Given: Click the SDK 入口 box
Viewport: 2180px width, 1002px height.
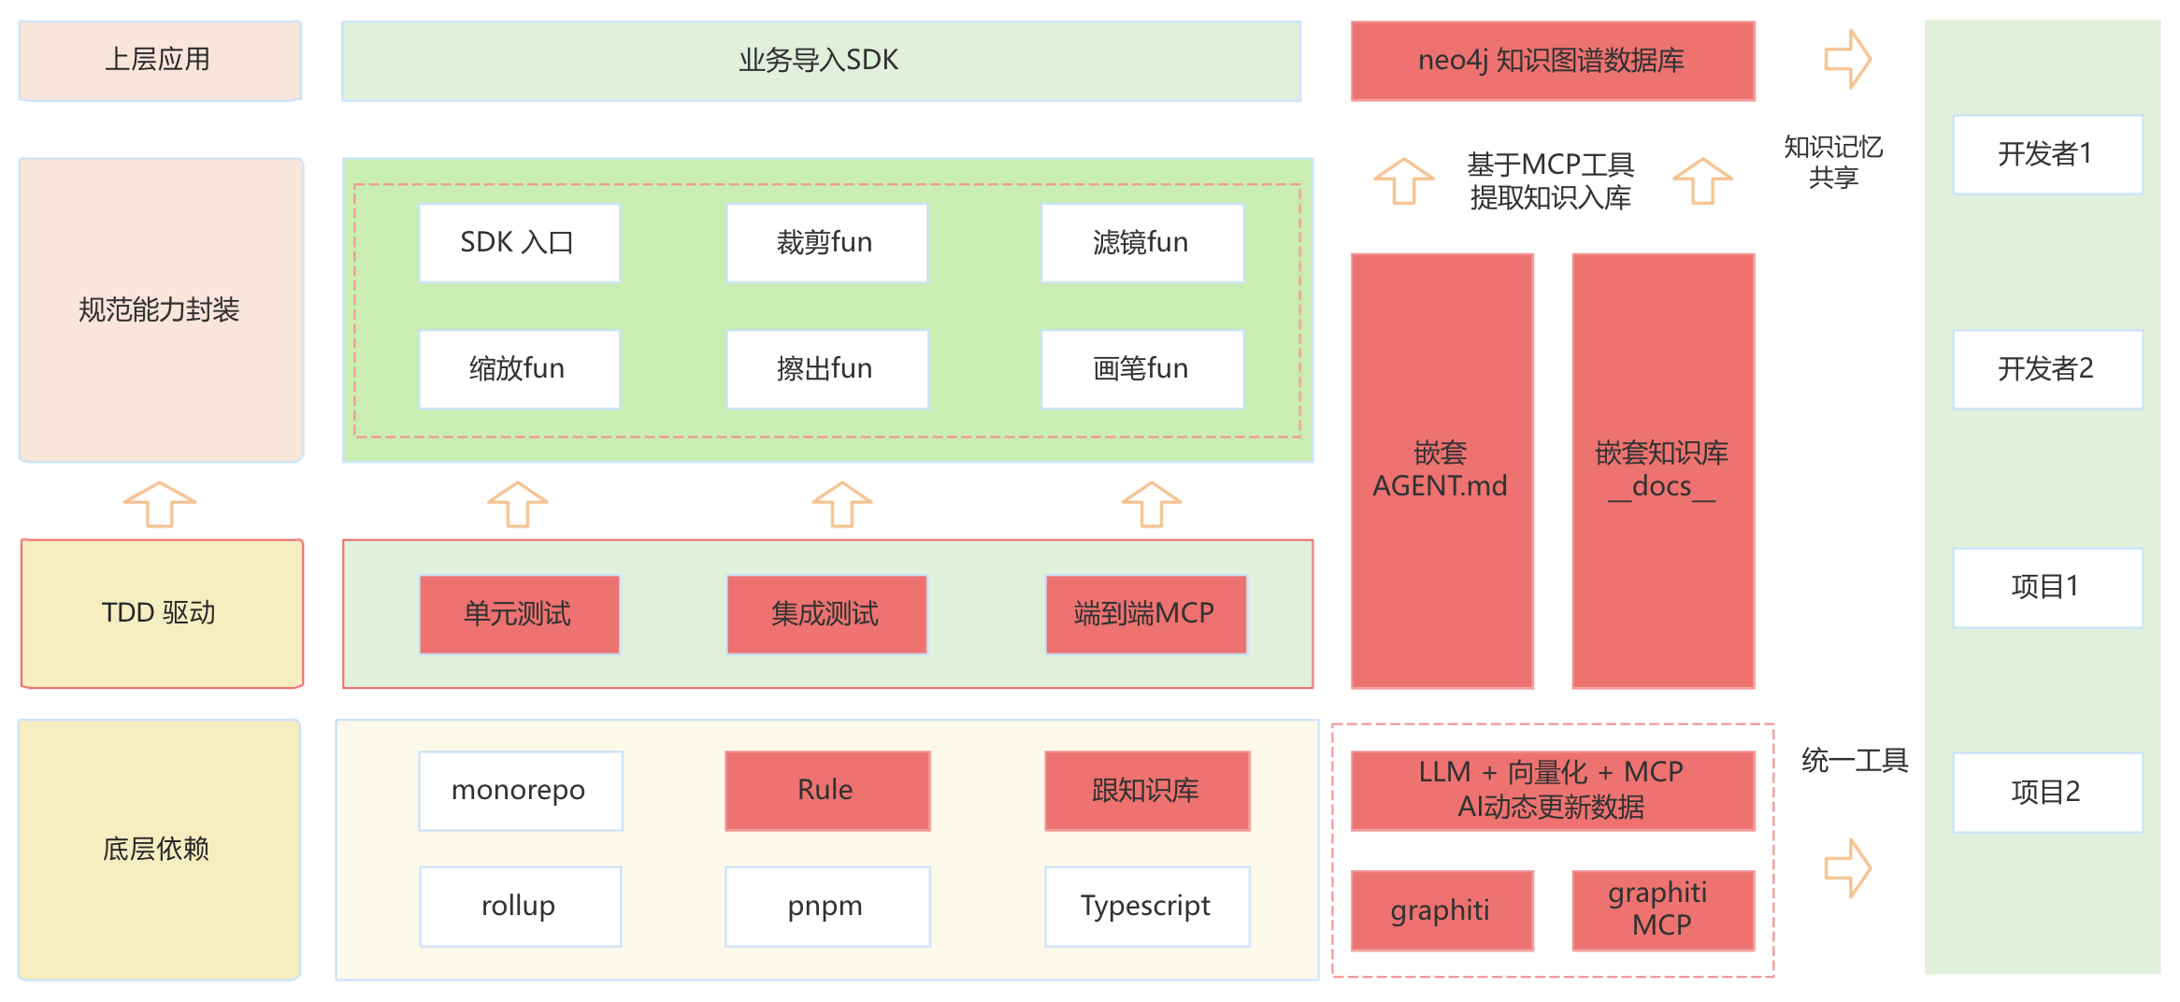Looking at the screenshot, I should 519,243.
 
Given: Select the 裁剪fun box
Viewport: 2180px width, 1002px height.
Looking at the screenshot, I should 826,243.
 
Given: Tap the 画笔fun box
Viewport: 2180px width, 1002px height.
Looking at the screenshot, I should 1141,369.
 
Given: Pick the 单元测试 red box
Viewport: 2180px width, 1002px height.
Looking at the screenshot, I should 519,614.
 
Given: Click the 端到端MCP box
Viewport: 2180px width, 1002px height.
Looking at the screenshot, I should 1145,614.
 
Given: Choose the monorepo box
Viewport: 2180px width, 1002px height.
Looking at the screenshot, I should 520,791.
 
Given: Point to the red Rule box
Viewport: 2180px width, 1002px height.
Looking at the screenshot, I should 826,791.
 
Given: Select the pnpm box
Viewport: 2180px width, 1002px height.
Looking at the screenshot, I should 826,907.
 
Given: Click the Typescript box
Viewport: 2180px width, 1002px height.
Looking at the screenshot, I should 1146,907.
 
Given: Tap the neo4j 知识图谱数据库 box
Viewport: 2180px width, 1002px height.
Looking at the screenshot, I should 1552,61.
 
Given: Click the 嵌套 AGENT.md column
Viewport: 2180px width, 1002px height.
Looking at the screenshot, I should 1441,470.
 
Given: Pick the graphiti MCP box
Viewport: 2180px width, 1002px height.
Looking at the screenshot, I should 1662,909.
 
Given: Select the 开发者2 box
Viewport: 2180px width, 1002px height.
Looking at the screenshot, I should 2046,369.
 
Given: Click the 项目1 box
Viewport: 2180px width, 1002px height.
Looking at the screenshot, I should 2046,587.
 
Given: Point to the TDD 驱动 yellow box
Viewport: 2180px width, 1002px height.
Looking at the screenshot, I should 161,613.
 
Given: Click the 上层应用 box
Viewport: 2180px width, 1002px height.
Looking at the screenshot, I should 159,60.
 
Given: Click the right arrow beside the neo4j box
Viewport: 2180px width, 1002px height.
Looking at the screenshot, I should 1847,60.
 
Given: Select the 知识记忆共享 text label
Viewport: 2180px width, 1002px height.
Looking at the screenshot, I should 1833,162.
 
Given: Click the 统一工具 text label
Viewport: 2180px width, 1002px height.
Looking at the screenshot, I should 1855,761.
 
